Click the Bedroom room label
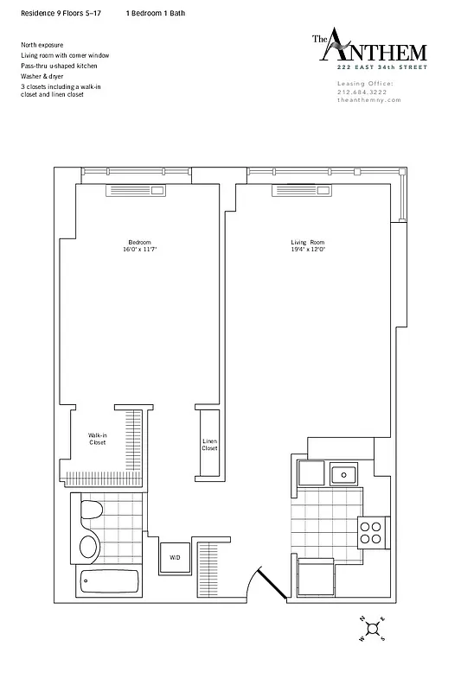pos(139,241)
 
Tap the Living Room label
pos(307,241)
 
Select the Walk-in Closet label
pos(98,439)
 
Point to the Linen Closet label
pos(209,445)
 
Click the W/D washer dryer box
pos(174,557)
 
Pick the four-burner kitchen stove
pos(371,531)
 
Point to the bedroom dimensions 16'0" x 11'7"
pos(139,248)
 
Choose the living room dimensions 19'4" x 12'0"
pos(307,248)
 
